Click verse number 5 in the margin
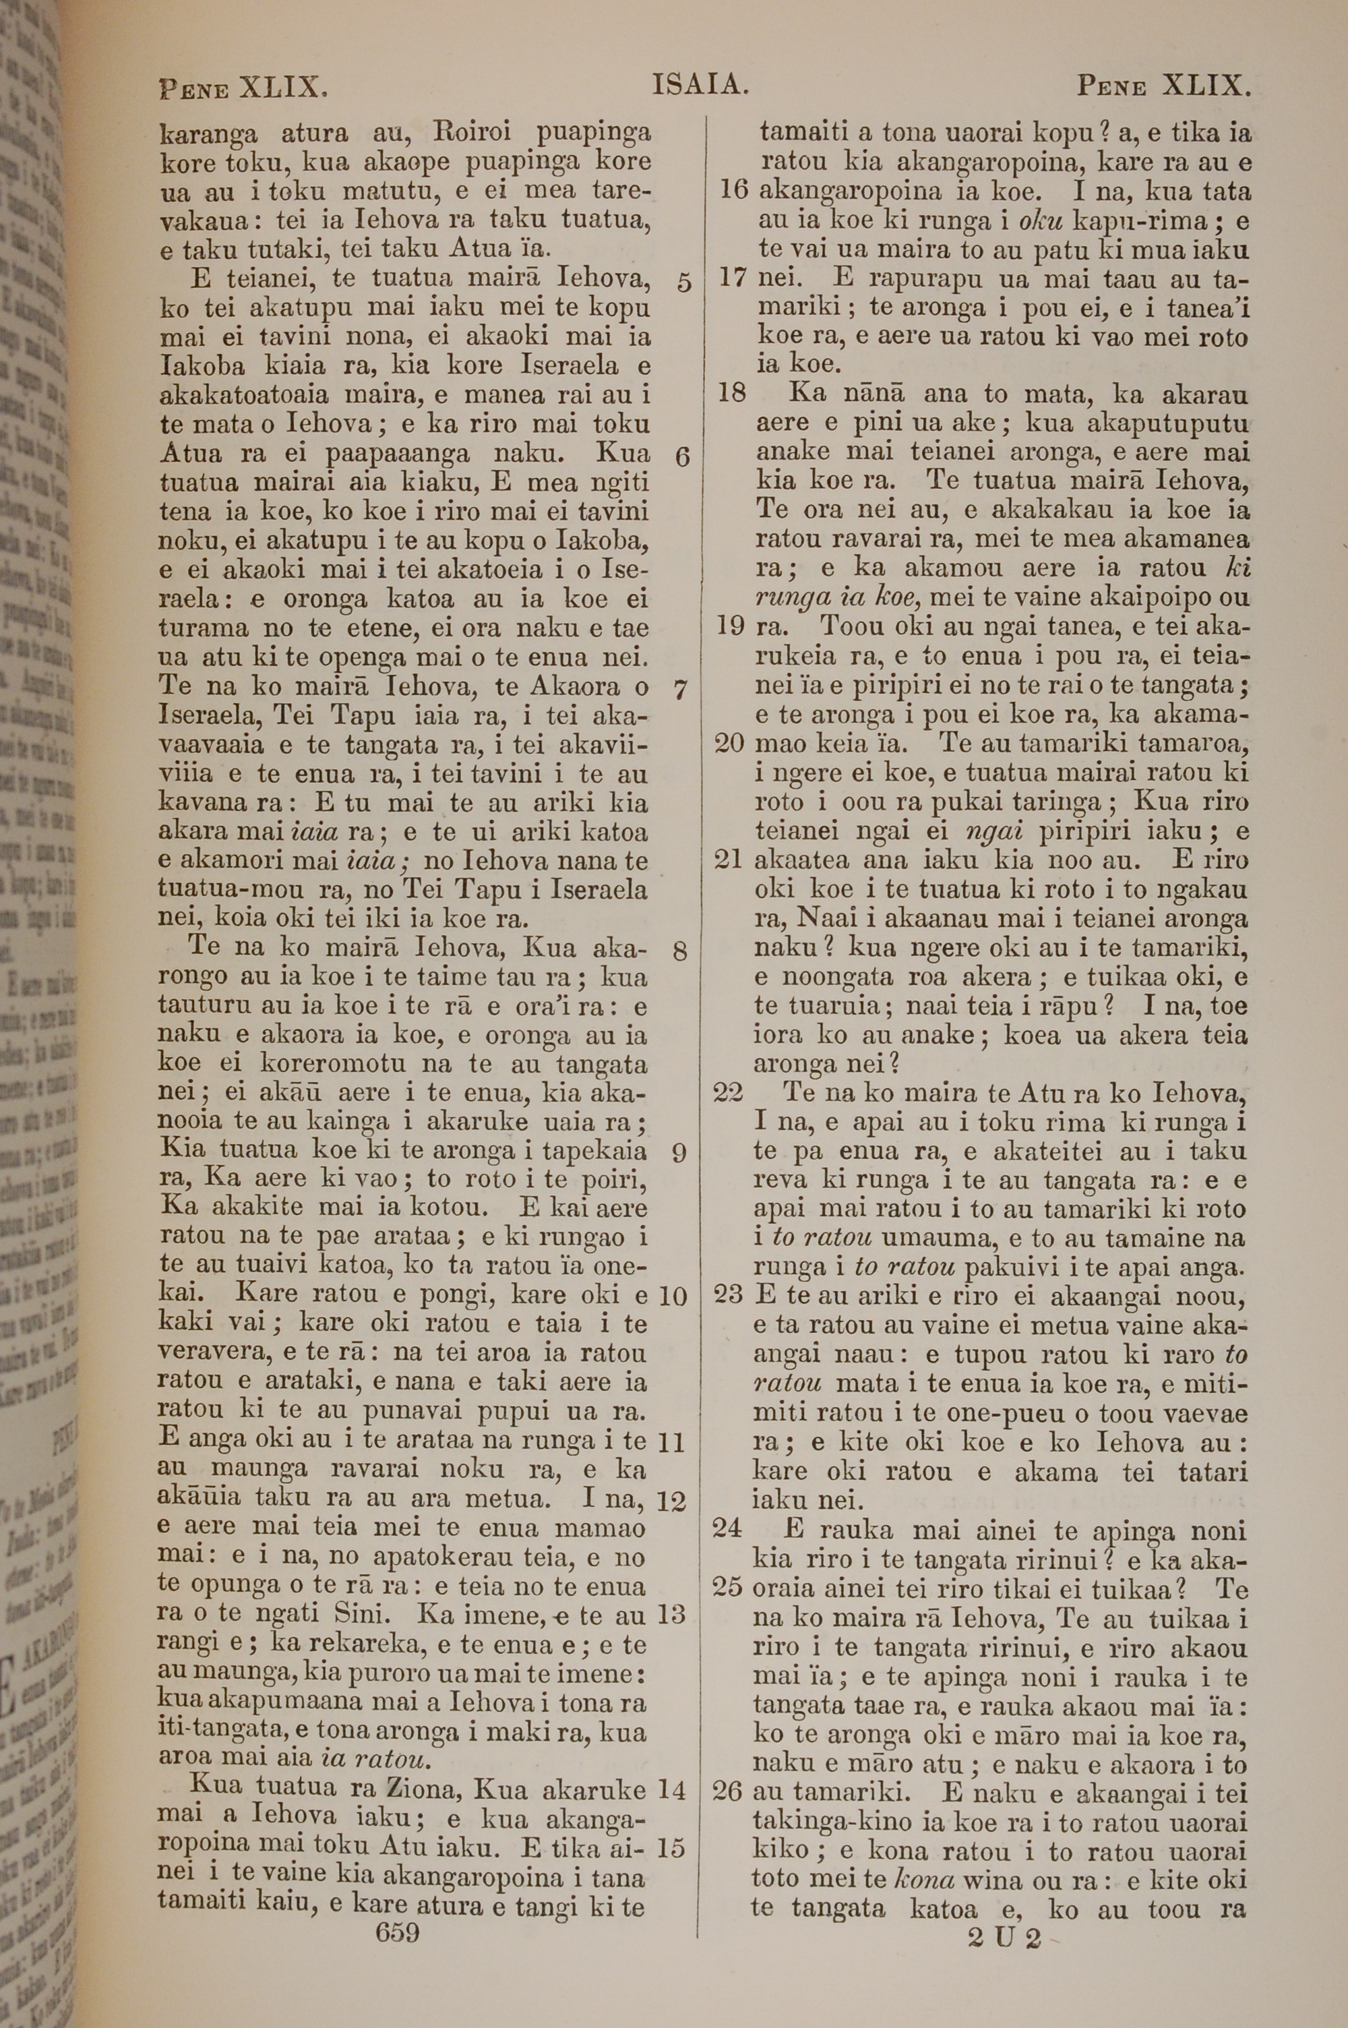pos(683,283)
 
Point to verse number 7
pos(680,690)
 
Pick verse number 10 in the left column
pos(673,1296)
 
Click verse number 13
pos(671,1615)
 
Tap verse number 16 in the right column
pos(733,191)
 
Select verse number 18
pos(731,394)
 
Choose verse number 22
pos(729,1093)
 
